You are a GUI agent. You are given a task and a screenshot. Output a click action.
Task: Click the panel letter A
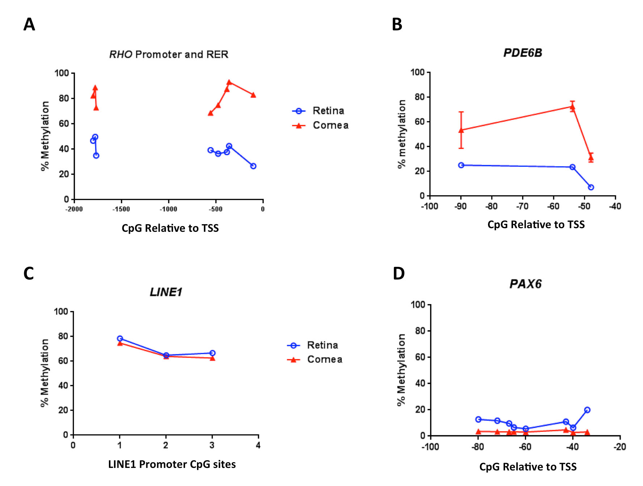pyautogui.click(x=29, y=25)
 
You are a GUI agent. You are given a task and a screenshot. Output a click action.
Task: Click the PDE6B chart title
pyautogui.click(x=522, y=53)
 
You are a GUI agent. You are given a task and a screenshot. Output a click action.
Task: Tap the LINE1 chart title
pyautogui.click(x=166, y=292)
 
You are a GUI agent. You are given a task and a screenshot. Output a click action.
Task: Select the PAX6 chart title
pyautogui.click(x=525, y=284)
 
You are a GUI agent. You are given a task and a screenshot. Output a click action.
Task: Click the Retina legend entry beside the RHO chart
pyautogui.click(x=328, y=111)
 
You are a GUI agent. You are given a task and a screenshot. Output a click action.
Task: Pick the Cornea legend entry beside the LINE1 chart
pyautogui.click(x=324, y=359)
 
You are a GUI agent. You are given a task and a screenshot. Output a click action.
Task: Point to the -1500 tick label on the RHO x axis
pyautogui.click(x=121, y=209)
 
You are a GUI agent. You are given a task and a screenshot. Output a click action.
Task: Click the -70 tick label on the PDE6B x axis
pyautogui.click(x=522, y=206)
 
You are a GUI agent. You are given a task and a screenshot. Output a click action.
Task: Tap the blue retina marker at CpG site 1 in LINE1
pyautogui.click(x=120, y=338)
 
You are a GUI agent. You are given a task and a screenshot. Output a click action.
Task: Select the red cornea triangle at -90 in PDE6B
pyautogui.click(x=461, y=130)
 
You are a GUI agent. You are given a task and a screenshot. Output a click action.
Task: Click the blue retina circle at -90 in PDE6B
pyautogui.click(x=461, y=165)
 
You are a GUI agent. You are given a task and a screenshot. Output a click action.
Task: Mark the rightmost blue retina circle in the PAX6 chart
pyautogui.click(x=587, y=410)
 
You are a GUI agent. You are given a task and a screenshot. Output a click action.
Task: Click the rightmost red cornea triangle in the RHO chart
pyautogui.click(x=253, y=95)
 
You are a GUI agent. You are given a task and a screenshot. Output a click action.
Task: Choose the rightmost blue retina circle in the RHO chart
pyautogui.click(x=253, y=166)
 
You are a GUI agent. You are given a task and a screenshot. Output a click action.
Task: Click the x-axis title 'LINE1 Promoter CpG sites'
pyautogui.click(x=172, y=464)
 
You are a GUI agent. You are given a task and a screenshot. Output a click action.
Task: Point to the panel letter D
pyautogui.click(x=399, y=273)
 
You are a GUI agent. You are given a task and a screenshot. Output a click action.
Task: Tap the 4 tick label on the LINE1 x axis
pyautogui.click(x=258, y=445)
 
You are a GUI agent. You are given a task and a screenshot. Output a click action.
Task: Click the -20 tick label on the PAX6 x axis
pyautogui.click(x=619, y=447)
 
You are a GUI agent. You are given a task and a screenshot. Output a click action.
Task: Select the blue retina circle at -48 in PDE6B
pyautogui.click(x=591, y=187)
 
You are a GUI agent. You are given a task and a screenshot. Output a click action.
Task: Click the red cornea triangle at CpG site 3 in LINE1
pyautogui.click(x=212, y=358)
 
